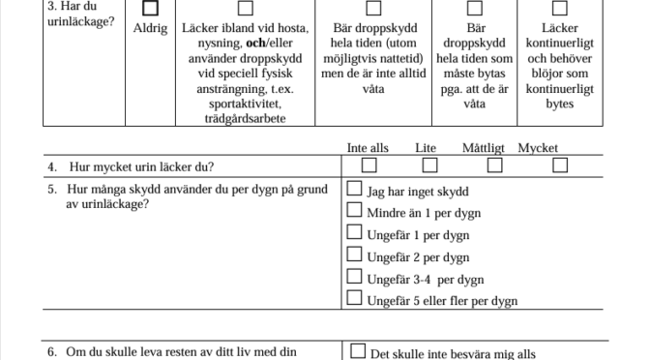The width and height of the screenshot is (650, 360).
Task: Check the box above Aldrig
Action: [150, 9]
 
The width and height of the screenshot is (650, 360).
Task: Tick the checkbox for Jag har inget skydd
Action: [355, 190]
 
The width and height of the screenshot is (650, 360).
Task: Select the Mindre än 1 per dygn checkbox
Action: [355, 211]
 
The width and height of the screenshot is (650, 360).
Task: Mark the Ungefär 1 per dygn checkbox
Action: [355, 233]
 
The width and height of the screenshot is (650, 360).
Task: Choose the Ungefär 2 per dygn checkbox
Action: [355, 255]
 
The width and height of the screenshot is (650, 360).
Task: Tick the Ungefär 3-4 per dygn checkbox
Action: [355, 278]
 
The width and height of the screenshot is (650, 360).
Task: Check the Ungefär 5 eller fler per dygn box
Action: [355, 299]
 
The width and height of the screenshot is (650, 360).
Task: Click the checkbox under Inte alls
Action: [369, 165]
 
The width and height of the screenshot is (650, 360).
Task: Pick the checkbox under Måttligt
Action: [494, 165]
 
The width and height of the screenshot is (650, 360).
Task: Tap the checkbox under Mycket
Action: [559, 165]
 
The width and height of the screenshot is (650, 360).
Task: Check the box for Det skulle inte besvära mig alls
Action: [358, 352]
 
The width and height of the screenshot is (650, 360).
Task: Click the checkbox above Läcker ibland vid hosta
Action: [246, 9]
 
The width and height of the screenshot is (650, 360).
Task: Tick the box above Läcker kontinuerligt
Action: [560, 9]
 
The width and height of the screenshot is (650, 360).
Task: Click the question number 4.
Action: [51, 166]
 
